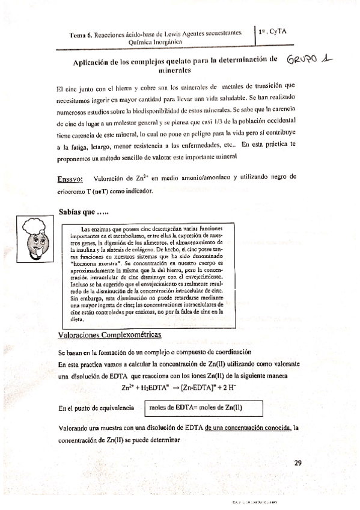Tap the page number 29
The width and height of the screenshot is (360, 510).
(x=299, y=462)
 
